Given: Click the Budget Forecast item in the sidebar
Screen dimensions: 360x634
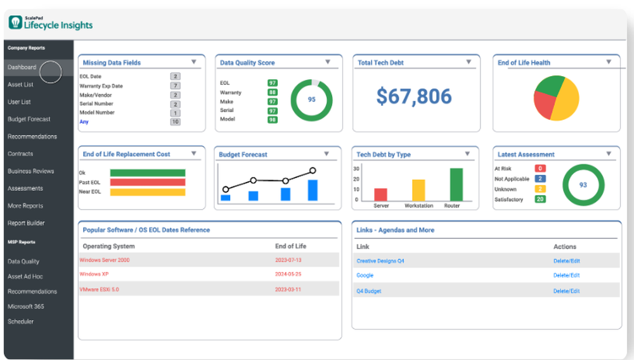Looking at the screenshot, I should pyautogui.click(x=29, y=119).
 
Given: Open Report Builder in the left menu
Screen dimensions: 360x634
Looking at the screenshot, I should pyautogui.click(x=26, y=223).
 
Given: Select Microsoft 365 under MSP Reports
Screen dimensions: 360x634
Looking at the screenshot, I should pyautogui.click(x=25, y=307).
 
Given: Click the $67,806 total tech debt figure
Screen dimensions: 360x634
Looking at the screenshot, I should pyautogui.click(x=414, y=96).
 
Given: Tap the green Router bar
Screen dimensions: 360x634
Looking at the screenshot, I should pyautogui.click(x=456, y=184).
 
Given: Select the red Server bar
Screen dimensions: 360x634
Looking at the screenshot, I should pyautogui.click(x=380, y=195).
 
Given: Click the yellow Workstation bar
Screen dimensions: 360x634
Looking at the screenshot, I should pyautogui.click(x=418, y=190).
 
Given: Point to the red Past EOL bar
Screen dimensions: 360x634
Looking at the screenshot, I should pyautogui.click(x=147, y=182).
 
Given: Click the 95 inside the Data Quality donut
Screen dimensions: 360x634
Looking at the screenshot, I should pyautogui.click(x=311, y=100).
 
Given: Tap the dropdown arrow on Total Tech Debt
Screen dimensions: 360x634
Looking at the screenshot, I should pyautogui.click(x=469, y=62).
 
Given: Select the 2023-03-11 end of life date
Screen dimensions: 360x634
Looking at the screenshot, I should pyautogui.click(x=288, y=289).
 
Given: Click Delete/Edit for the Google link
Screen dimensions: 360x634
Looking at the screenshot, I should pyautogui.click(x=566, y=276).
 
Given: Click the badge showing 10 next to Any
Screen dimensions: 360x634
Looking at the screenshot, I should pyautogui.click(x=175, y=122).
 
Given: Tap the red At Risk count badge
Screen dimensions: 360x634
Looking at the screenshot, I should pyautogui.click(x=540, y=169).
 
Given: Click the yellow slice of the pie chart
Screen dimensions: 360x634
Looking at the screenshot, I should pyautogui.click(x=565, y=101).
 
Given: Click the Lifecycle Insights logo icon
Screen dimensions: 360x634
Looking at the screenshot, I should pyautogui.click(x=15, y=23).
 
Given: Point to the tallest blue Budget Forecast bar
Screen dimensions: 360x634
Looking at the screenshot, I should pyautogui.click(x=313, y=190).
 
